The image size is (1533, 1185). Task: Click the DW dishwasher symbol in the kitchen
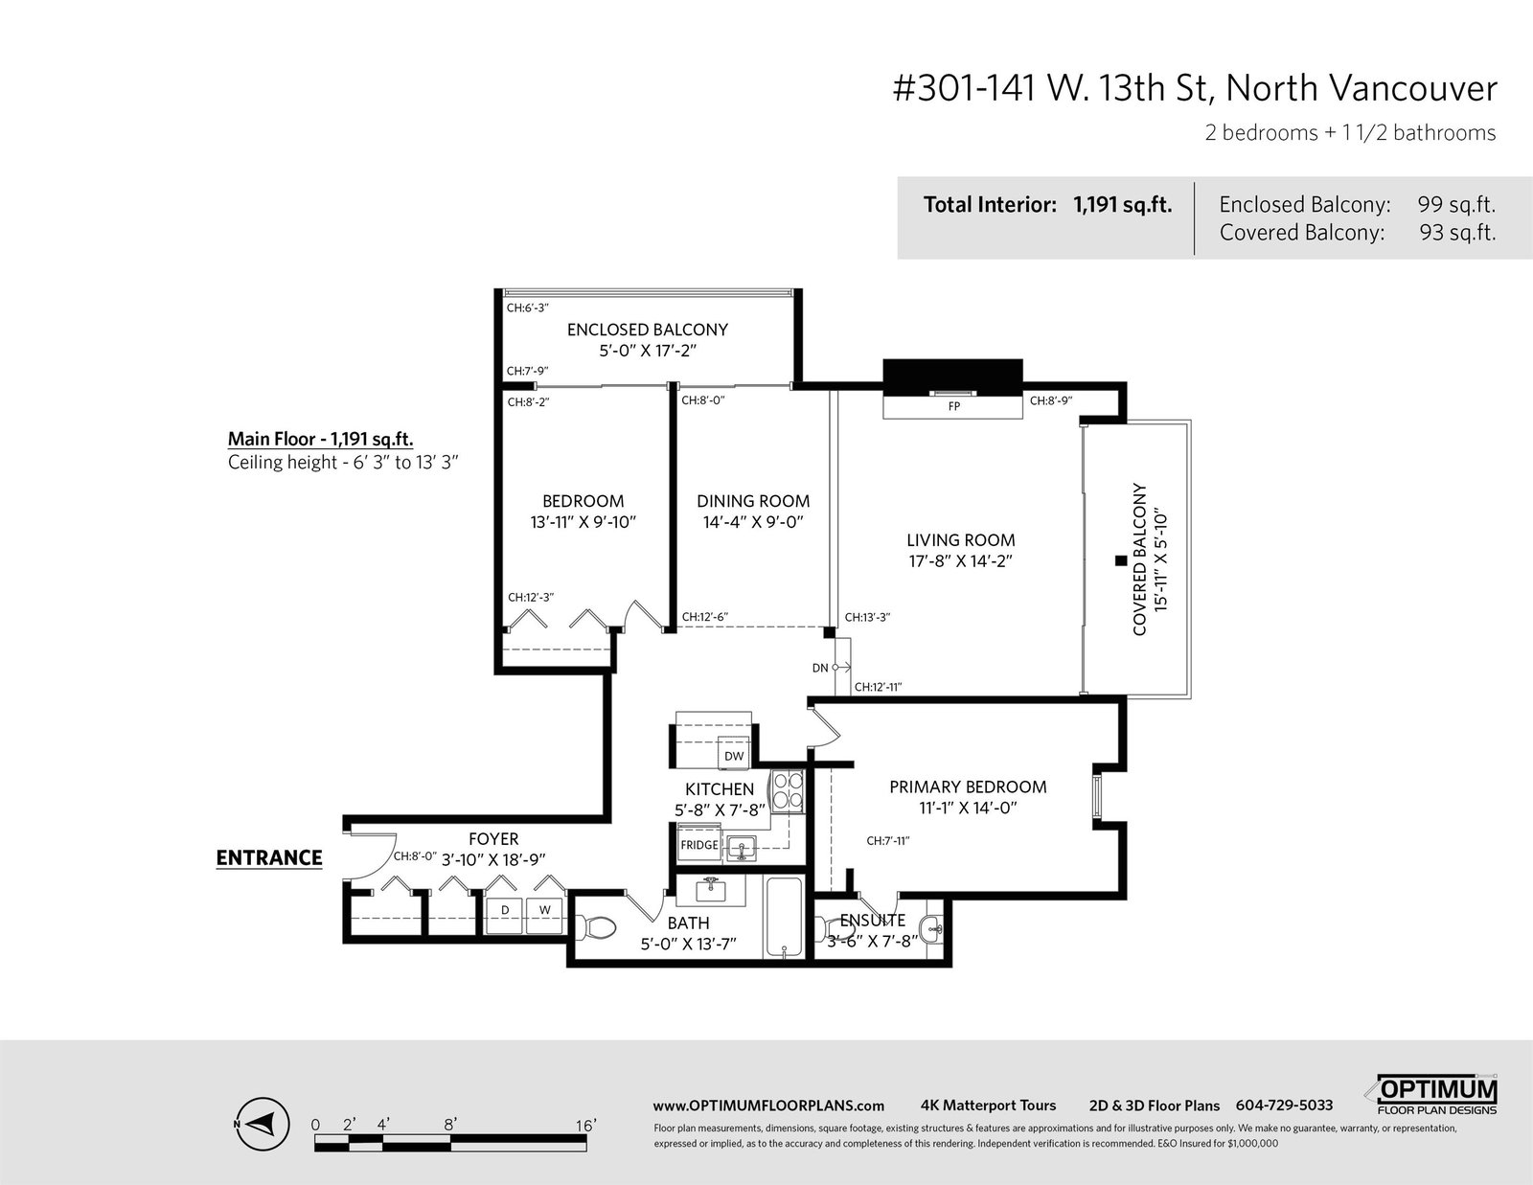point(734,756)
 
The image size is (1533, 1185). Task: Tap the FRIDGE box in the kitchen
point(699,845)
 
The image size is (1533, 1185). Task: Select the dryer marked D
point(505,916)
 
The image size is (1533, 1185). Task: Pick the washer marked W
point(544,916)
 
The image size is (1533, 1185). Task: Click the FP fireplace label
point(953,406)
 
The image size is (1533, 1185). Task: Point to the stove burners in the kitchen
point(788,791)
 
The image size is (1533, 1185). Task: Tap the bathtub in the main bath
point(784,917)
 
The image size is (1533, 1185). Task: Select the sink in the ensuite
point(934,929)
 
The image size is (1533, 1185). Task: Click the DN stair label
point(820,668)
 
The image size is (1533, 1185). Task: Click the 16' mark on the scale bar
point(585,1125)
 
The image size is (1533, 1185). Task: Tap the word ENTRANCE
point(269,857)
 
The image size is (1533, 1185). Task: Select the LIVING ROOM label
point(960,540)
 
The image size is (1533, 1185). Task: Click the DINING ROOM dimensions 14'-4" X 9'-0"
point(753,522)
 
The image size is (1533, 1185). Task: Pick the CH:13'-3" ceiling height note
point(867,617)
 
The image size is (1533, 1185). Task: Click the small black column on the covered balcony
point(1120,560)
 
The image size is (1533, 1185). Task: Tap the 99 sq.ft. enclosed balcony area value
point(1456,205)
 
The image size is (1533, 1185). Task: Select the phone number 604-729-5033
point(1284,1105)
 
